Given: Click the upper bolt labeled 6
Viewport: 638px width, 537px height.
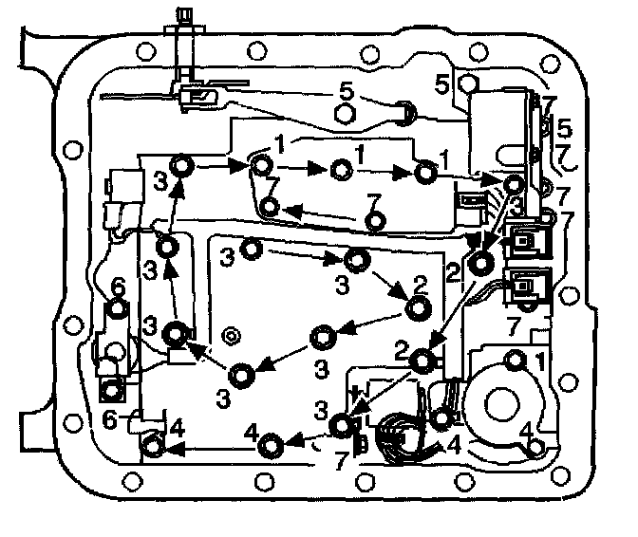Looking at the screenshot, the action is (x=116, y=308).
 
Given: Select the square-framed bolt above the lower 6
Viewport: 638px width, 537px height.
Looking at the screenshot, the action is (x=113, y=389).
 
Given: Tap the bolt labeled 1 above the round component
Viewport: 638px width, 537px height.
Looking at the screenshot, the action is (x=515, y=359).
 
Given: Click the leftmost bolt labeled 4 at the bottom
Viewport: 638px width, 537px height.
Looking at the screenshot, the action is (x=153, y=443).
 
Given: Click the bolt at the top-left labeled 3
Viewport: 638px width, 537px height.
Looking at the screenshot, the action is (x=186, y=168).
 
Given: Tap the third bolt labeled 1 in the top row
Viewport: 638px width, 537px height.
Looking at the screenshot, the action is (x=426, y=173).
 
